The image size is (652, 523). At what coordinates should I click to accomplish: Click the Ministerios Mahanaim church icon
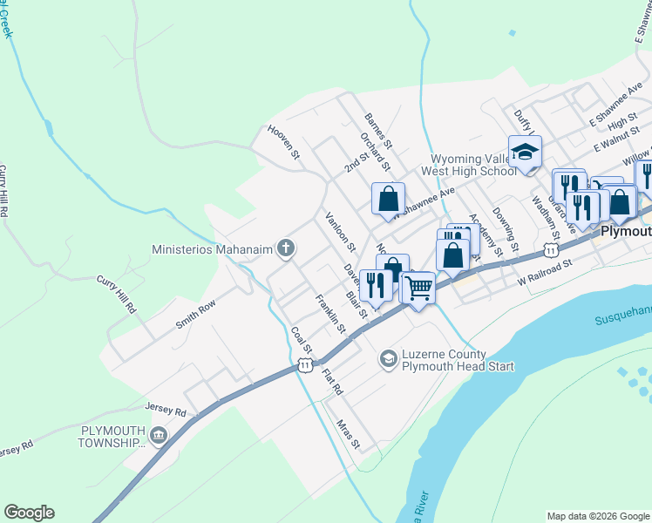pos(285,249)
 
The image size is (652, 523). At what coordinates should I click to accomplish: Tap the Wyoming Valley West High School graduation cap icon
pos(525,152)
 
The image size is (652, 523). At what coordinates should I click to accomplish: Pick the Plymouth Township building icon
pos(159,435)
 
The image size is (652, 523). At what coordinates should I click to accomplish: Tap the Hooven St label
pos(283,142)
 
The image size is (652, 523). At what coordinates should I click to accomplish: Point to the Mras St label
pos(348,433)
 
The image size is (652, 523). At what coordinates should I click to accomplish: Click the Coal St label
pos(296,341)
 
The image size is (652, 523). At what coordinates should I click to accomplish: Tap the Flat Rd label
pos(332,383)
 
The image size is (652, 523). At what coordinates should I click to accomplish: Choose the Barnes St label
pos(380,130)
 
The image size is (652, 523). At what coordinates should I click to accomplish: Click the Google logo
pos(29,513)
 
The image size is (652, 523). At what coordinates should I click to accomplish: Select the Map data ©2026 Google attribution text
pos(597,516)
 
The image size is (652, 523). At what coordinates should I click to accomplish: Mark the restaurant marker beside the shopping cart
pos(376,284)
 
